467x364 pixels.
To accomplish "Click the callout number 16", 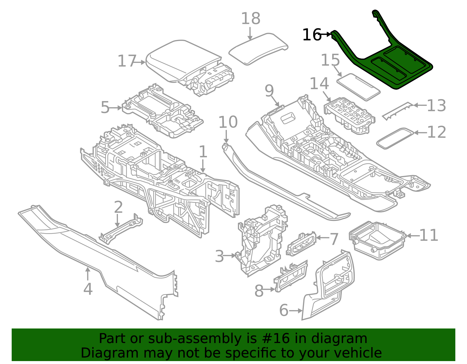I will (x=312, y=35).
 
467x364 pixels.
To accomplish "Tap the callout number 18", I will (x=250, y=19).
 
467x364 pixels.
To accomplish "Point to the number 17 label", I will (x=127, y=61).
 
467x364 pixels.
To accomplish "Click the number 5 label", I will (x=105, y=108).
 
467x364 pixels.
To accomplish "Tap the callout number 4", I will (x=88, y=289).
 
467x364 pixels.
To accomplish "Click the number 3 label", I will (x=219, y=256).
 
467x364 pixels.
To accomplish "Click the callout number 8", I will (x=259, y=291).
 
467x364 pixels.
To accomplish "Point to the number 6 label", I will (x=284, y=310).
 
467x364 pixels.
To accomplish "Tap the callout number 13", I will (x=436, y=105).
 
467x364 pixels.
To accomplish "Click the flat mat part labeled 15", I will (x=358, y=87).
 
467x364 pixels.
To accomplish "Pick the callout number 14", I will (x=319, y=84).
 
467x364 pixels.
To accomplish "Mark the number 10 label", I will (x=228, y=122).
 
